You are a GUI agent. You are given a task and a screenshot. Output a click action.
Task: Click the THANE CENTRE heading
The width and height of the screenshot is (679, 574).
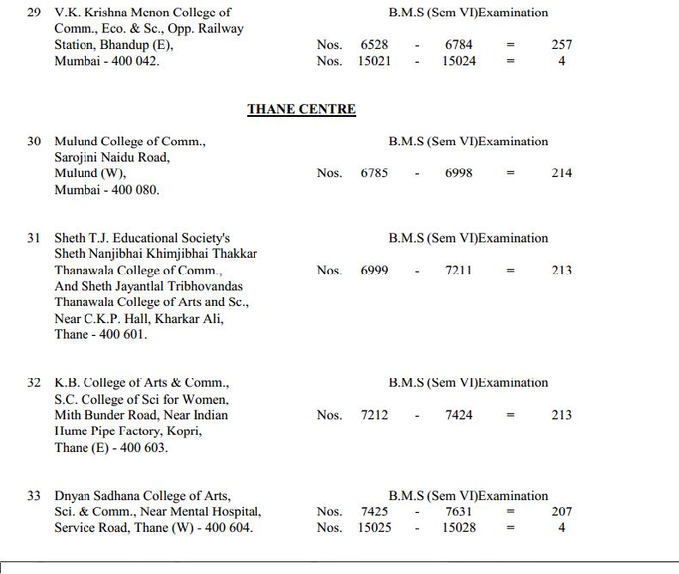(x=301, y=109)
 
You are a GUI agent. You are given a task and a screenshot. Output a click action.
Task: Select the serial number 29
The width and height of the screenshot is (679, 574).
(x=34, y=13)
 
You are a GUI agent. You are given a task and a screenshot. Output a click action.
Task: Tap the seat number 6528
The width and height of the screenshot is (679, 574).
(x=374, y=45)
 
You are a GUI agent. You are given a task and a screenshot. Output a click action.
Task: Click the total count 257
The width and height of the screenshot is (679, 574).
(x=561, y=45)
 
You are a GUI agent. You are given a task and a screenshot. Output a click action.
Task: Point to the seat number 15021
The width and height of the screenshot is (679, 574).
(x=374, y=61)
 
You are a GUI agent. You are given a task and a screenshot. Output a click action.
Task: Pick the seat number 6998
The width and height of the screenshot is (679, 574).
(x=459, y=173)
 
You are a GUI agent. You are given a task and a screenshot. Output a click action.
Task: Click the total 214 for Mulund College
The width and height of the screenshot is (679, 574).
(x=561, y=173)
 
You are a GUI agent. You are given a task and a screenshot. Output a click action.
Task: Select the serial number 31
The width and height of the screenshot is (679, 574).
(x=34, y=238)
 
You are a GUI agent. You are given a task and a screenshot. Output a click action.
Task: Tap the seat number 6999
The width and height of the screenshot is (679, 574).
(x=374, y=270)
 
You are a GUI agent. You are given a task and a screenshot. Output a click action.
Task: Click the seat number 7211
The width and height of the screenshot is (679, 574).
(x=459, y=270)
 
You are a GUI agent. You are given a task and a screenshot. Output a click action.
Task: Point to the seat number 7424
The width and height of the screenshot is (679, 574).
(x=459, y=415)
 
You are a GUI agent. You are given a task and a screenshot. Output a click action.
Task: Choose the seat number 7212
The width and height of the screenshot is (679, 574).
(x=374, y=415)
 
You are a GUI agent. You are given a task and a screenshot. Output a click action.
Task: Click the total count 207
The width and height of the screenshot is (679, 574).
(x=561, y=511)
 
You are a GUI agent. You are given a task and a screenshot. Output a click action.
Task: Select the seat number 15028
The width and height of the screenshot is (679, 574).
(x=459, y=528)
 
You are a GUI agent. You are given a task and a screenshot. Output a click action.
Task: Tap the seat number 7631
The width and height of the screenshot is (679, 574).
(x=459, y=511)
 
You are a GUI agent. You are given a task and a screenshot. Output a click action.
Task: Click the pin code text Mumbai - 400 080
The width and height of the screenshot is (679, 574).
(x=106, y=190)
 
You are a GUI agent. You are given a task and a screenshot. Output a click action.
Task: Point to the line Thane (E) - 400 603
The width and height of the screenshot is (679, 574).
(x=112, y=448)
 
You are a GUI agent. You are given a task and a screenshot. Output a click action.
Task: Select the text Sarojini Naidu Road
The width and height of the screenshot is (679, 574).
(x=112, y=157)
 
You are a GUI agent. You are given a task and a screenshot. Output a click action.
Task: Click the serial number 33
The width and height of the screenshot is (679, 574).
(x=34, y=496)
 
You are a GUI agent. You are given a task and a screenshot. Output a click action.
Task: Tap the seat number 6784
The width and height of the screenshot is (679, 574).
(x=459, y=45)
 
